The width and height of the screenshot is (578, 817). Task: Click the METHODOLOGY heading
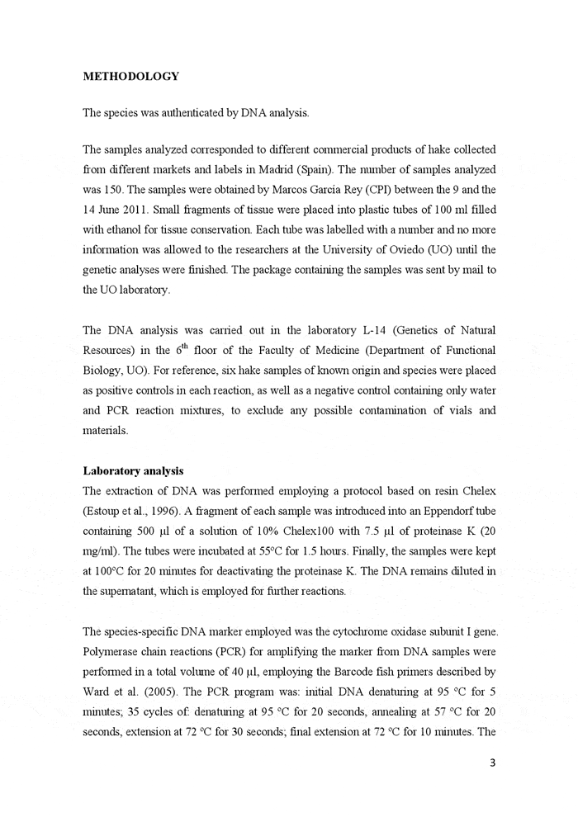(131, 77)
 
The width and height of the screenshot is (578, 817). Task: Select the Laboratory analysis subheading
(133, 471)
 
